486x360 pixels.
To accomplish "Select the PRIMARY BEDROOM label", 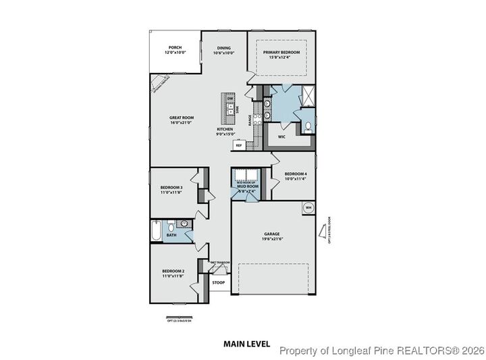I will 281,53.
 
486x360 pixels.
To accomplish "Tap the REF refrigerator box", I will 238,145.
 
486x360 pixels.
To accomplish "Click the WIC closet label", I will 282,136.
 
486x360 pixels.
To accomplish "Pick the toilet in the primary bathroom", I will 308,126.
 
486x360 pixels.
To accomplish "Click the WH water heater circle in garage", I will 308,207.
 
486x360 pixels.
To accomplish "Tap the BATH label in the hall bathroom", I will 171,235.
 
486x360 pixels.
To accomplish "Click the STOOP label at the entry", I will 218,282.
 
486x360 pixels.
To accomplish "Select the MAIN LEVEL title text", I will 246,344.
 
